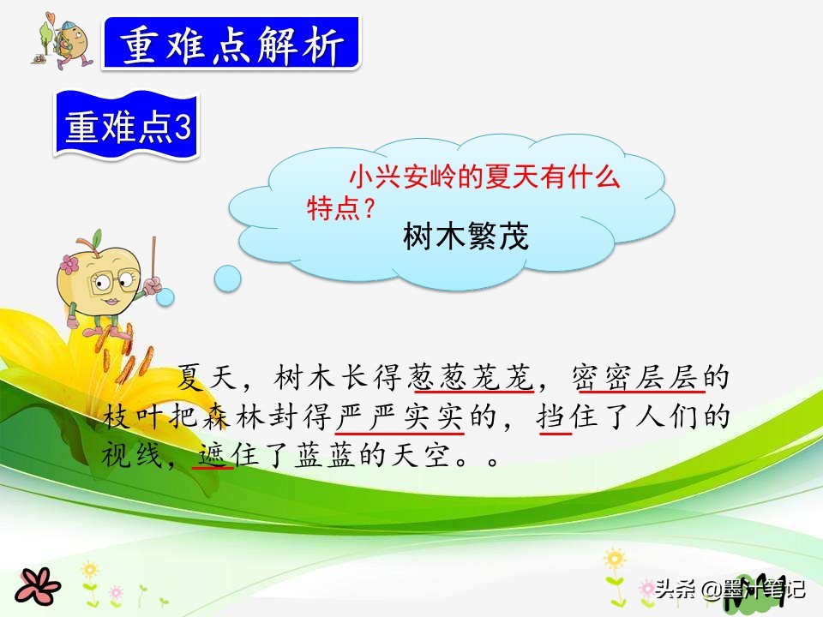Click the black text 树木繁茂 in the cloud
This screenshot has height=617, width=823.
pyautogui.click(x=466, y=237)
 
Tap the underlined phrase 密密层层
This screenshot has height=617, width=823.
pyautogui.click(x=640, y=378)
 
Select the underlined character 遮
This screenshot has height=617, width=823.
pyautogui.click(x=211, y=455)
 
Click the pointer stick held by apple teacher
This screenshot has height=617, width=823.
pyautogui.click(x=153, y=265)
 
